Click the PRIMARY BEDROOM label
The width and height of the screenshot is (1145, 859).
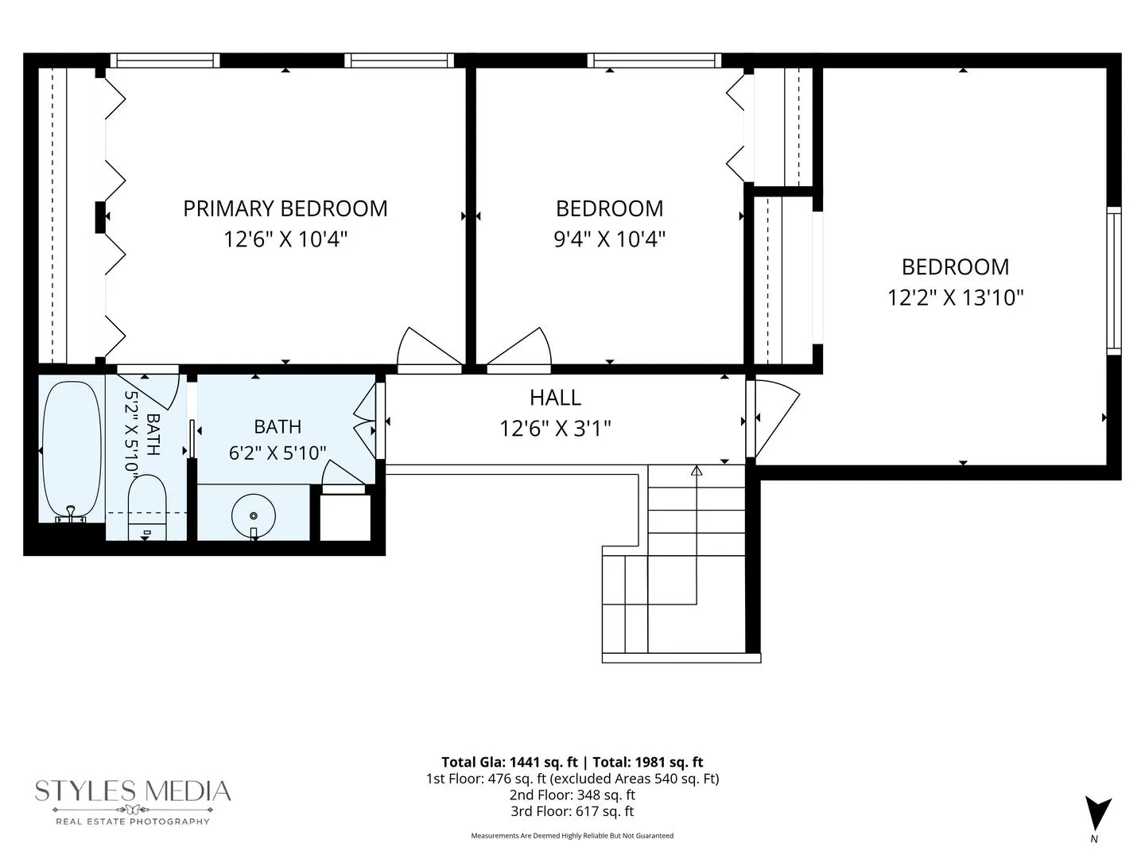point(285,208)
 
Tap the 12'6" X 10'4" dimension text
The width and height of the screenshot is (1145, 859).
point(285,239)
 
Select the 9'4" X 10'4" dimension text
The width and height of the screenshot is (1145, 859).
point(609,239)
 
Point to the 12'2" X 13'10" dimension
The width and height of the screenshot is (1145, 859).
point(956,297)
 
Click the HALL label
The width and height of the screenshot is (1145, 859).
point(555,398)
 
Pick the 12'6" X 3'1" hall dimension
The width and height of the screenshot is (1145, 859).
point(555,429)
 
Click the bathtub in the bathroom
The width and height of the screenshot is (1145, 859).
point(72,452)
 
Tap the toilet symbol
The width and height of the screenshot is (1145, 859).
point(147,507)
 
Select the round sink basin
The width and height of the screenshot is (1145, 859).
point(254,516)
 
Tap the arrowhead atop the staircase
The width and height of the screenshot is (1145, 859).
point(697,470)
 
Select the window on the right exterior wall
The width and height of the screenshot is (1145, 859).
point(1114,281)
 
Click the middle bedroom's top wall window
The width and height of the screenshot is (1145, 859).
point(654,60)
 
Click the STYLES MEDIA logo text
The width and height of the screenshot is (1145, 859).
point(133,791)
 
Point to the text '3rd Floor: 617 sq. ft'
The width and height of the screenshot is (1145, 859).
point(572,811)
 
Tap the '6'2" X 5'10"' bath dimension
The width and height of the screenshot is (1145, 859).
point(278,453)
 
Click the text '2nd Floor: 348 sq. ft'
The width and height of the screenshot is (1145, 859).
point(572,795)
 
